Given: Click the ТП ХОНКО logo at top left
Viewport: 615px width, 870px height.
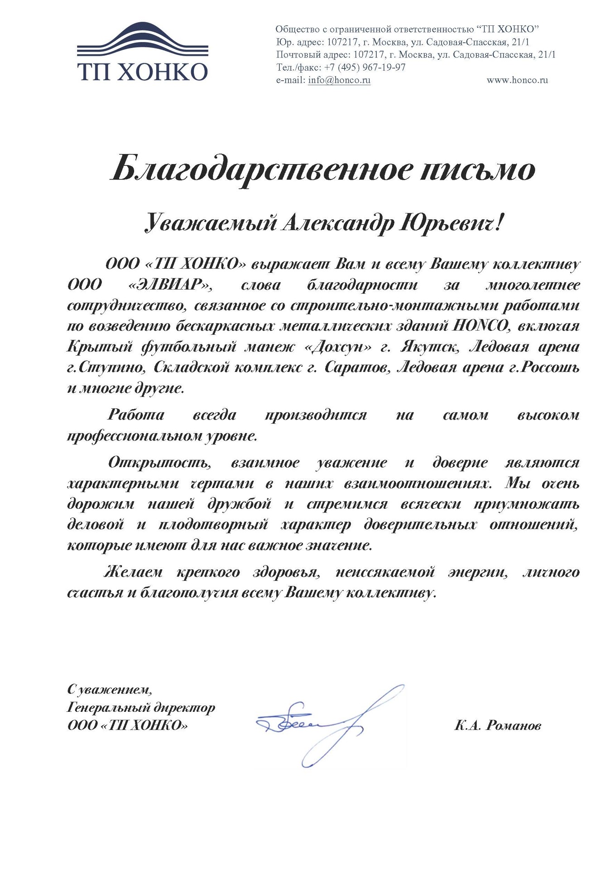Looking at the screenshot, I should click(142, 52).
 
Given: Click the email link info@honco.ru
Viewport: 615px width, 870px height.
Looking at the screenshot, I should click(339, 80).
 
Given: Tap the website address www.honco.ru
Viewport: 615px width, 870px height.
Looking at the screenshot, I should click(517, 80).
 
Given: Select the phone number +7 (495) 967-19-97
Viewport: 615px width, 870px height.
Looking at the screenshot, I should click(365, 68).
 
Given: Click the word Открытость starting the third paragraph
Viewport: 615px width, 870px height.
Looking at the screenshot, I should click(160, 463).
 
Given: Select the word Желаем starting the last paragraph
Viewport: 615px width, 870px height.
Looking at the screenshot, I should click(133, 572).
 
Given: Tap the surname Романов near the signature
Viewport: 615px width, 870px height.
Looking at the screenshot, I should click(514, 725).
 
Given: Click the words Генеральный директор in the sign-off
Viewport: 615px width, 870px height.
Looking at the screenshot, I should click(141, 707).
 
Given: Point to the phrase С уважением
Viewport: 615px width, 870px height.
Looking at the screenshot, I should click(110, 690).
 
